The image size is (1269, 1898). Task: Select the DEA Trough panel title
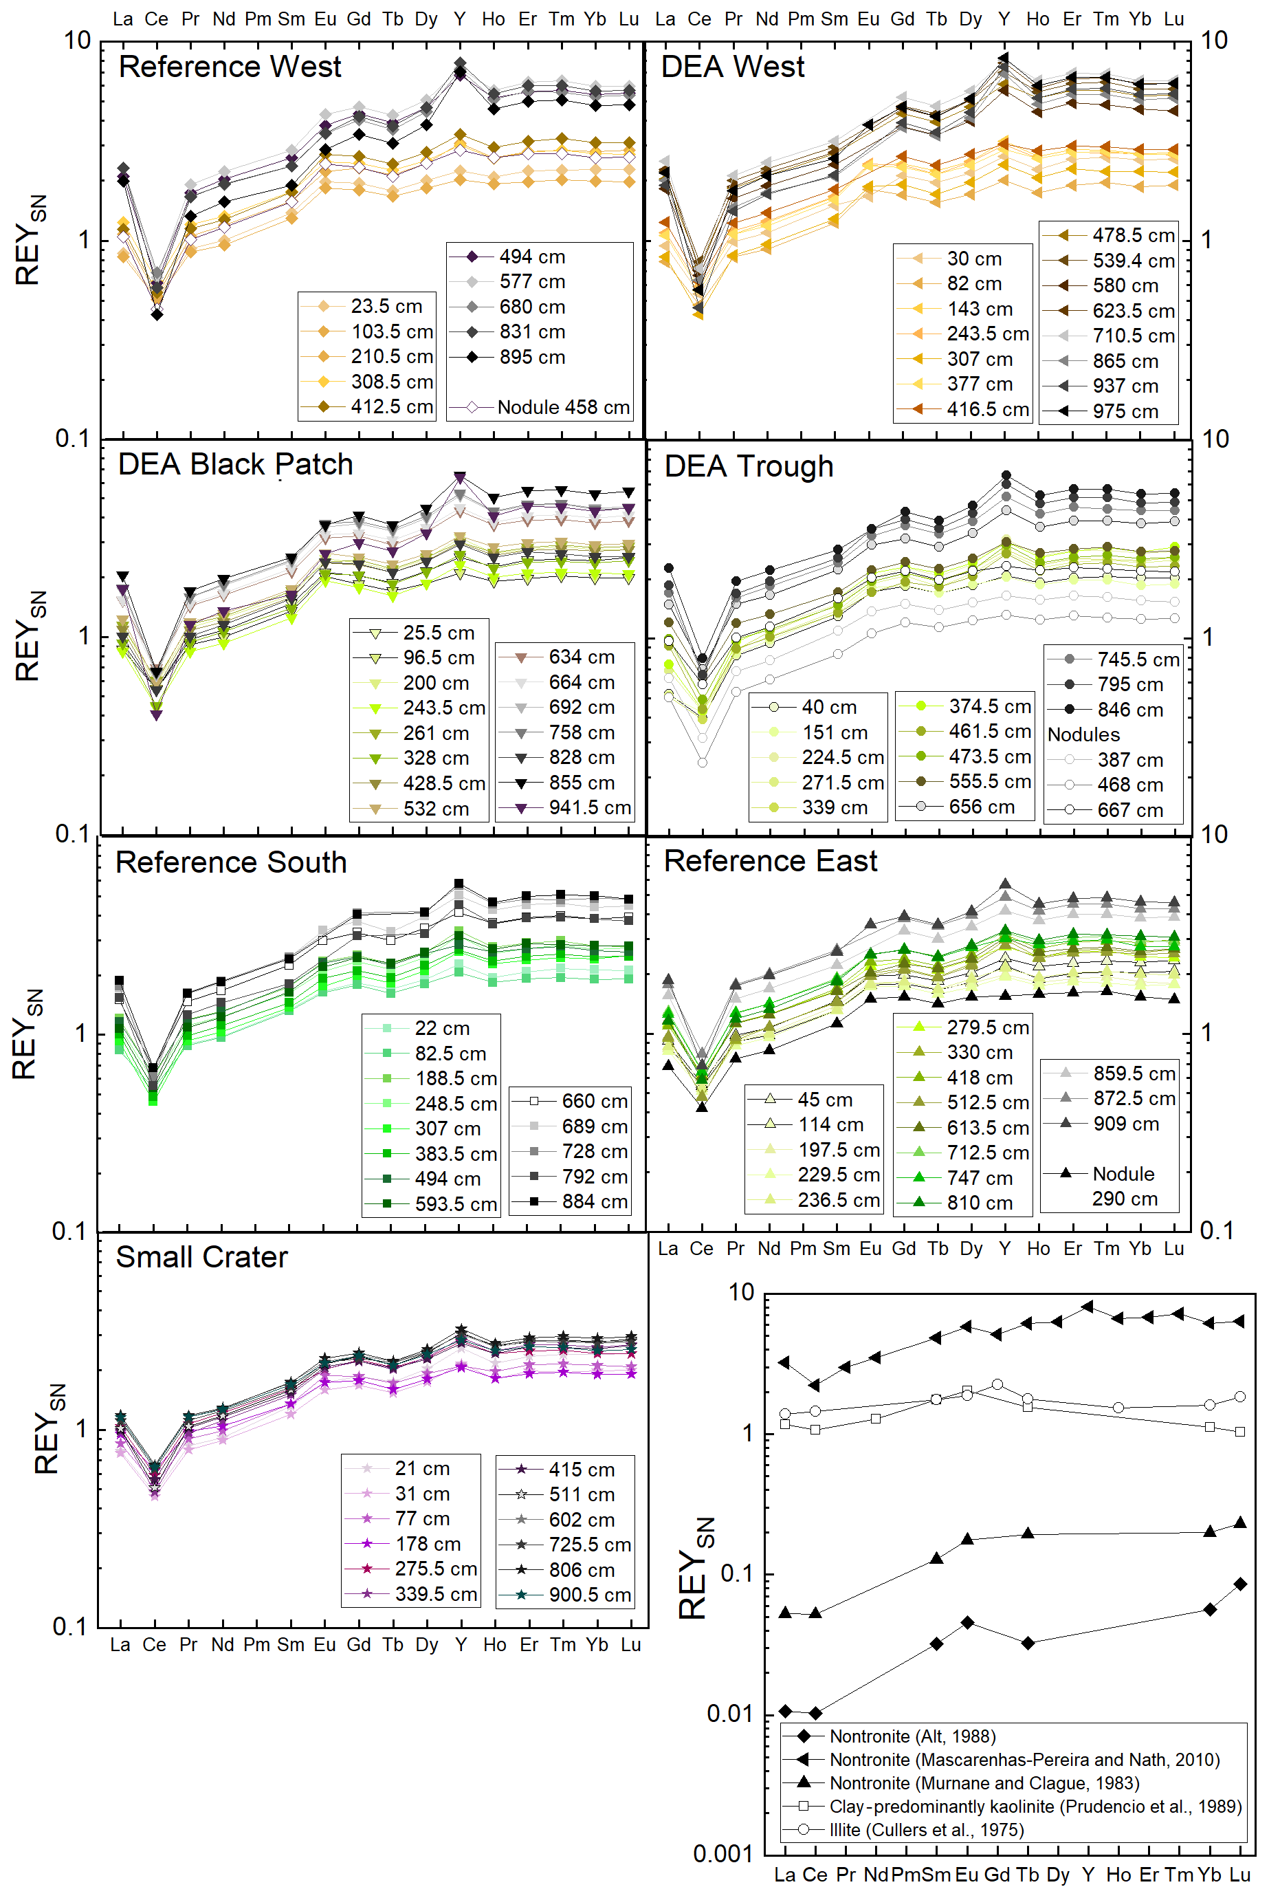(749, 466)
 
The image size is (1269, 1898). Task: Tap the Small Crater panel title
(201, 1257)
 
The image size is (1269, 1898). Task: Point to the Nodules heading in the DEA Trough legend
(1083, 734)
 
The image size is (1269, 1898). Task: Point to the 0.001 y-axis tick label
(722, 1853)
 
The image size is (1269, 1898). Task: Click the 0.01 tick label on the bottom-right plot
(729, 1714)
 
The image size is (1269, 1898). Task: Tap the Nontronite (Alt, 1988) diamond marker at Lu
(1241, 1584)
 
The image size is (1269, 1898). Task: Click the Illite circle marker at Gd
(997, 1385)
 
